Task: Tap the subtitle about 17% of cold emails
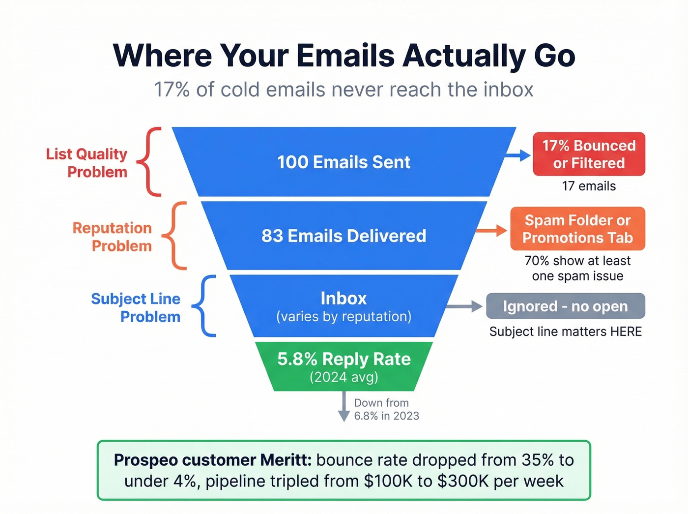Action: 344,90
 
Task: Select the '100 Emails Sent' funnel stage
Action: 344,162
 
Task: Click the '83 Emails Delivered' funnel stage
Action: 344,236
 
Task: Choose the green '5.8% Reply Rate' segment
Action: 344,366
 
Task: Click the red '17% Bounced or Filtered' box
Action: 589,154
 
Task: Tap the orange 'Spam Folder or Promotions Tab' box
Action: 577,229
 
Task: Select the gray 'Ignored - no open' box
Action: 565,306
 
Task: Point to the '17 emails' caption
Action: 589,186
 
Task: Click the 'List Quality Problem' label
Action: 87,163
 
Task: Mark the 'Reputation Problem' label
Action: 113,237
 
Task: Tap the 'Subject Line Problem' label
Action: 136,307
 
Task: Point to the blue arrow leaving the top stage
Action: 518,155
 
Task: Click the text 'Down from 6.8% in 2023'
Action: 386,409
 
